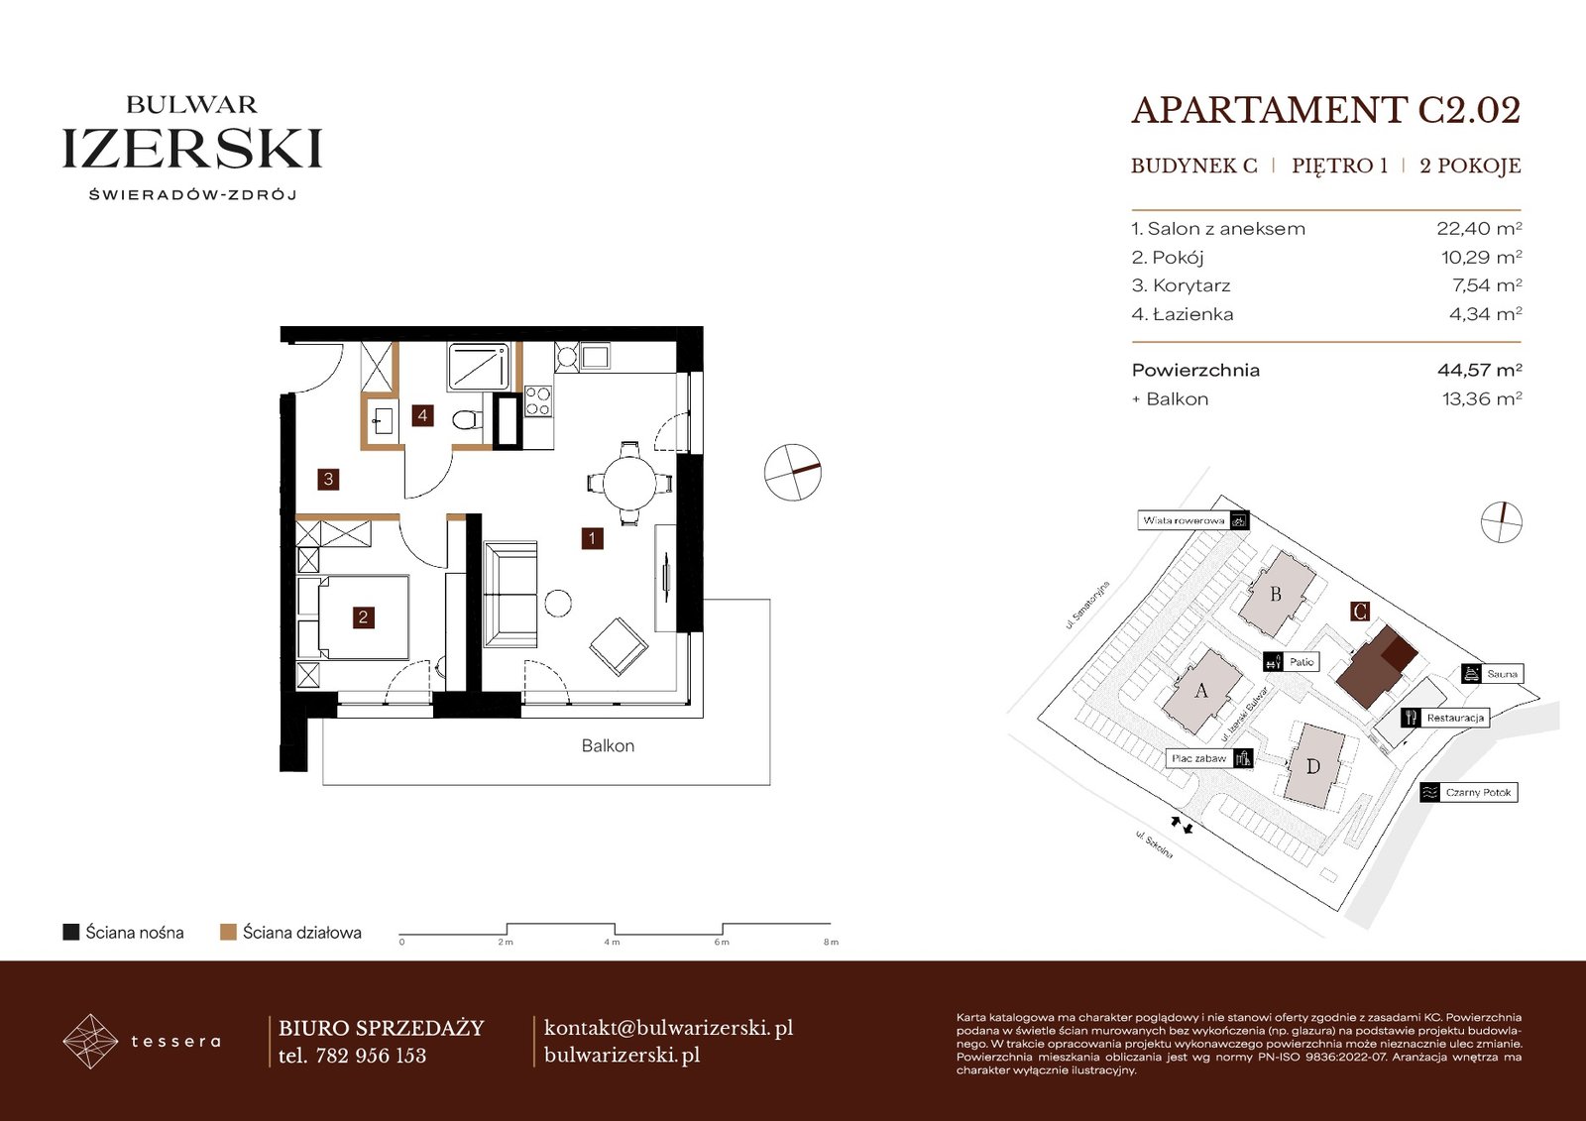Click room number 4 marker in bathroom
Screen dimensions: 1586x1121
(422, 415)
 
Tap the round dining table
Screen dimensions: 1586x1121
(629, 483)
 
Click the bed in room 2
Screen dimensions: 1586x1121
(363, 617)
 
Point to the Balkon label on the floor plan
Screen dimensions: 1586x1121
(608, 745)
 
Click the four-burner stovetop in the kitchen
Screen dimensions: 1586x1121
(537, 400)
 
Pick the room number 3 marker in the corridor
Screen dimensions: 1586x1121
(328, 480)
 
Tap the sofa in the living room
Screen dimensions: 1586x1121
(510, 594)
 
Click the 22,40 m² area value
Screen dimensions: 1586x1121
(1479, 228)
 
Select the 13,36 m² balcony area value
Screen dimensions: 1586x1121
(1482, 398)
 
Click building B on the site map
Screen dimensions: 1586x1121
(1276, 594)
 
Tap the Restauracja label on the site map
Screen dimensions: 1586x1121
(1455, 718)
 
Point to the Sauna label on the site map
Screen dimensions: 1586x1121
(1502, 673)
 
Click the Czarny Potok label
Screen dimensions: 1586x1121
(1478, 792)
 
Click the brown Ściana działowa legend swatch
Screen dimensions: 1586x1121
(228, 932)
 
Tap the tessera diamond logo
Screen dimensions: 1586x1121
(90, 1041)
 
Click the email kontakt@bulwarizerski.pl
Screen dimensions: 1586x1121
(668, 1028)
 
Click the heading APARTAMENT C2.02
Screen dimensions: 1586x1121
(1326, 110)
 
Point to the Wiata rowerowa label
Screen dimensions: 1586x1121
(1184, 520)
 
